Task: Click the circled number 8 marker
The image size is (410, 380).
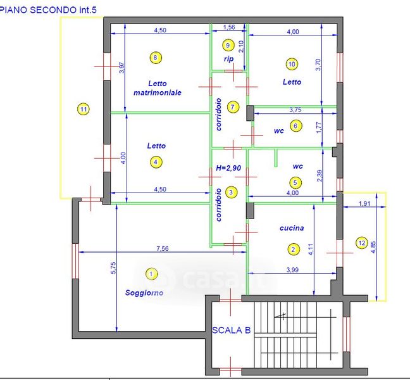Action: coord(156,58)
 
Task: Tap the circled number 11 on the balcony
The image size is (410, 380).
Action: coord(84,109)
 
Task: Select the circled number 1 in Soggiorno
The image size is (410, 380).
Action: coord(151,274)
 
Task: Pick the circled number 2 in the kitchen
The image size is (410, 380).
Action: coord(293,250)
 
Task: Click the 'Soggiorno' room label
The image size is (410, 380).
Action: coord(144,293)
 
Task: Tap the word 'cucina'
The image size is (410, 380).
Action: coord(292,228)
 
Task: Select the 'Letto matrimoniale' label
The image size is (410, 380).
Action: coord(158,87)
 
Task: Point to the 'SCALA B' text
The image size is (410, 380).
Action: coord(232,330)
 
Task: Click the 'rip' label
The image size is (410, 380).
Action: coord(228,59)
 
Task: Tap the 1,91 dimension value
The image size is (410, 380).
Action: coord(364,204)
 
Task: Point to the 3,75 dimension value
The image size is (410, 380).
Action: coord(295,110)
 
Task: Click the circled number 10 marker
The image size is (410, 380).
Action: coord(292,64)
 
